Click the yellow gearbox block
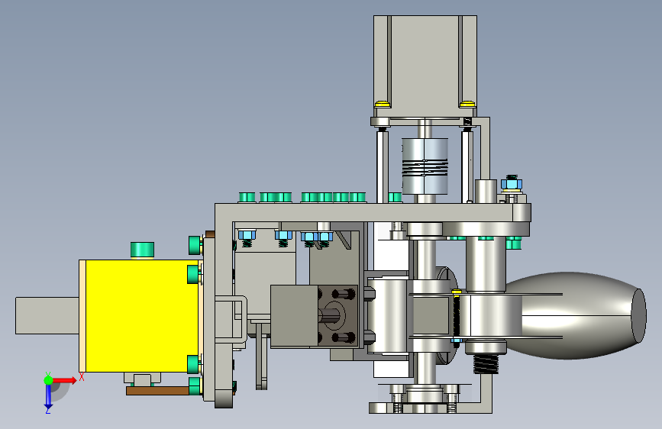click(142, 316)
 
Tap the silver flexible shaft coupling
click(425, 166)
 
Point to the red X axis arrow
click(64, 380)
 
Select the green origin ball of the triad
click(48, 380)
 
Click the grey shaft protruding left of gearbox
click(47, 315)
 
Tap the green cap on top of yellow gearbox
click(142, 250)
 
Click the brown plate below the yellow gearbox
click(157, 391)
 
